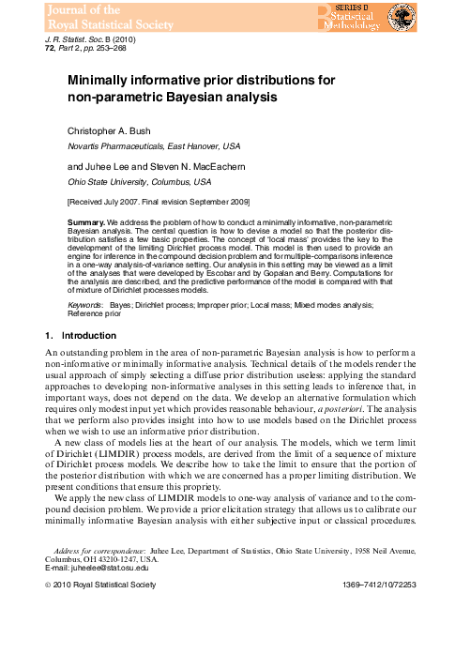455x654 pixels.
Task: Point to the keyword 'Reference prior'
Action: click(95, 315)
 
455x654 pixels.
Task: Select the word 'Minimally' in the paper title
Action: click(106, 82)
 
